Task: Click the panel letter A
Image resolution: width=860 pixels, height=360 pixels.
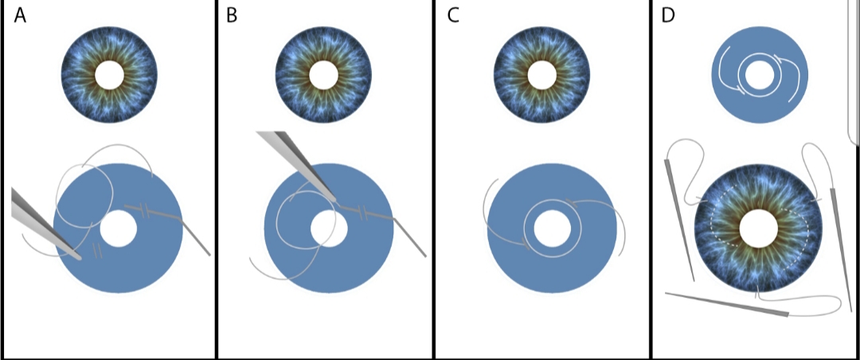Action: click(20, 16)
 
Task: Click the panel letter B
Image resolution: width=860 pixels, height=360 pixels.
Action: click(232, 16)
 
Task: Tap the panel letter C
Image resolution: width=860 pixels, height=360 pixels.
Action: click(453, 16)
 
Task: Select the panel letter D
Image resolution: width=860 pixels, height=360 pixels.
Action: click(668, 16)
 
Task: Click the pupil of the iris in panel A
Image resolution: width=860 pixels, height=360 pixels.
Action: click(109, 76)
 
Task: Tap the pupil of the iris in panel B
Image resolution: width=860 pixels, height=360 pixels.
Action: click(323, 76)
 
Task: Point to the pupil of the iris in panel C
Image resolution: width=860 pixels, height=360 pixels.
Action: click(542, 76)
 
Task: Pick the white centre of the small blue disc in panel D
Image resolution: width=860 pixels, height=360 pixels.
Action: click(760, 76)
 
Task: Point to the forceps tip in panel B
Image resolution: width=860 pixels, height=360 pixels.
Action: click(334, 199)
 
